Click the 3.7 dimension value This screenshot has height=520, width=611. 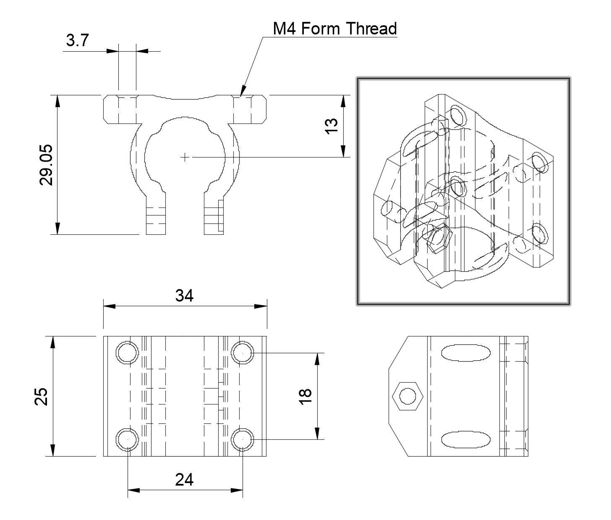pos(78,41)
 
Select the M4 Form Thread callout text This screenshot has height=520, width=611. pos(334,29)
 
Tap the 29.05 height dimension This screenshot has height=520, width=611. pos(46,165)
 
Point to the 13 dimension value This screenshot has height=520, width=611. pos(332,126)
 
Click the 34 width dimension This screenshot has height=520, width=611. pos(184,296)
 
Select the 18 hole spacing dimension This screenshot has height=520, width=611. pos(306,396)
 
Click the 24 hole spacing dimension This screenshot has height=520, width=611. pos(184,479)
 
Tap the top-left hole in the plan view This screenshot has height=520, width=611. pos(128,353)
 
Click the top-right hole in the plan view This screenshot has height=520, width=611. pos(243,353)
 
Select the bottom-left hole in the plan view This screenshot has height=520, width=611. pos(128,439)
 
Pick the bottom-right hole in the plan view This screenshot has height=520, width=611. pos(243,439)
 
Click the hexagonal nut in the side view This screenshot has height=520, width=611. pos(407,396)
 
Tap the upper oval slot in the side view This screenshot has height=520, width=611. pos(465,353)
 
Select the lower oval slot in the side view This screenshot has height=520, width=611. pos(465,439)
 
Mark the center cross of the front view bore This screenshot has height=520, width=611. pos(184,157)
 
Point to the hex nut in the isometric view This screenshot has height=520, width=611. pos(439,239)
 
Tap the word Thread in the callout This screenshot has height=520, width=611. pos(371,29)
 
